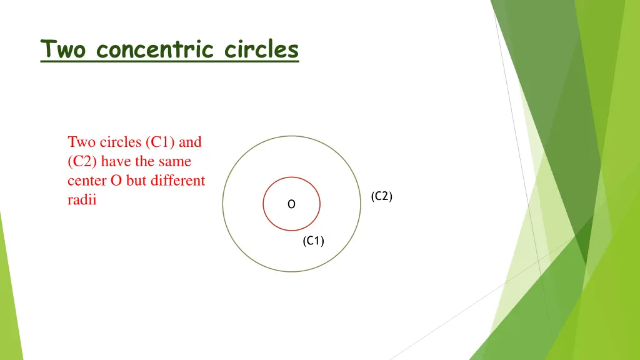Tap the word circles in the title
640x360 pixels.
261,49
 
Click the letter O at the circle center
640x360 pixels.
291,204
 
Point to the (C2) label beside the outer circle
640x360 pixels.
381,196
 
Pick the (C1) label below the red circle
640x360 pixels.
313,241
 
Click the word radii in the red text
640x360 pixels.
82,201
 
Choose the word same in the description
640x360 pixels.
174,162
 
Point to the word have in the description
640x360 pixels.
114,162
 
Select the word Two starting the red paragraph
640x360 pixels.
81,142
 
